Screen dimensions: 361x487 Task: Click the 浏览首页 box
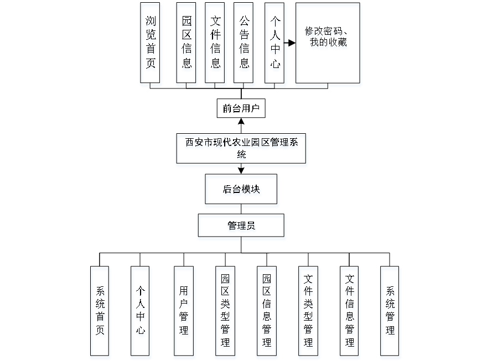[151, 45]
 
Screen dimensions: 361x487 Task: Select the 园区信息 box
[187, 45]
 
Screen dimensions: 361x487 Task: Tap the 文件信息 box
[216, 45]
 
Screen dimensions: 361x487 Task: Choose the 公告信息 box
[244, 45]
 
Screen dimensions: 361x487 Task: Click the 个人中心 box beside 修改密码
[275, 45]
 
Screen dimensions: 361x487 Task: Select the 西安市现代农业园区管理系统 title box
[241, 150]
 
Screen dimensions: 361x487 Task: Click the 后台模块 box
[242, 191]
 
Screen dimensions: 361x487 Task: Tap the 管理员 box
[242, 227]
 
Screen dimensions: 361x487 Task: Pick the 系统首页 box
[100, 313]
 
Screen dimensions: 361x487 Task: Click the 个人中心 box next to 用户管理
[141, 313]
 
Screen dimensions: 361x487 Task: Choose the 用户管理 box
[184, 313]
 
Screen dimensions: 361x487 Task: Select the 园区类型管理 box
[225, 313]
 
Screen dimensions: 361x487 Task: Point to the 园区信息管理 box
[267, 313]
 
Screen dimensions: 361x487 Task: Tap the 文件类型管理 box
[309, 313]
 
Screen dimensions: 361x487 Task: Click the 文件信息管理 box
[350, 313]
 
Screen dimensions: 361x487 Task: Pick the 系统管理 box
[391, 313]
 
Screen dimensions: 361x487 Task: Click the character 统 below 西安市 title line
[241, 156]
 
